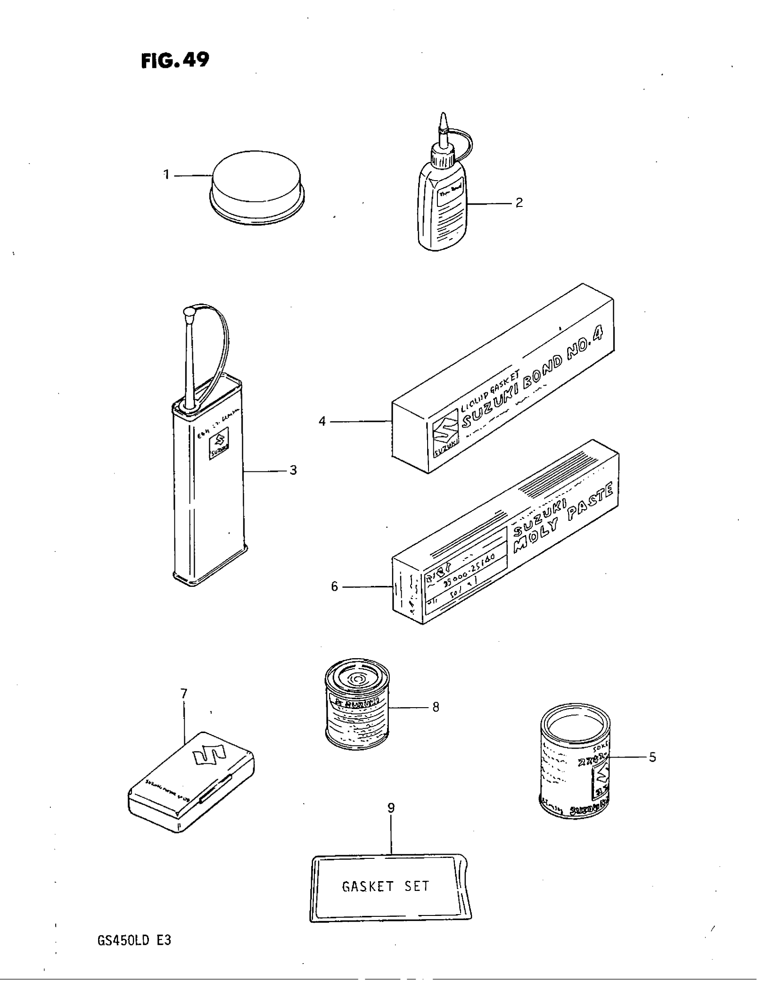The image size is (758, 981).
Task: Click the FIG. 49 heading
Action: click(175, 60)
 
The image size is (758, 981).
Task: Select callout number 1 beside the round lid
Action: click(166, 174)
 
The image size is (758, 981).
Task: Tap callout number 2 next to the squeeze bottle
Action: click(519, 202)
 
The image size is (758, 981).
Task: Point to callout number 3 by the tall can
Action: click(293, 470)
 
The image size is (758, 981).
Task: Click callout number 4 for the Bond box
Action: click(322, 421)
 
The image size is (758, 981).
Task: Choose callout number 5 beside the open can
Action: click(652, 757)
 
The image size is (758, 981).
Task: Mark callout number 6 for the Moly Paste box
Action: click(334, 587)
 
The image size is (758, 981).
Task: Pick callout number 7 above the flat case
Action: click(184, 694)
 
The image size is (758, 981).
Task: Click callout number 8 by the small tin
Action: click(435, 708)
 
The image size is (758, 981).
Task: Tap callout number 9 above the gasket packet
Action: click(391, 808)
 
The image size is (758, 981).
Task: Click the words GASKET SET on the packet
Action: click(385, 886)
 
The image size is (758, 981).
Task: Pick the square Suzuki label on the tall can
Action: click(219, 443)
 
